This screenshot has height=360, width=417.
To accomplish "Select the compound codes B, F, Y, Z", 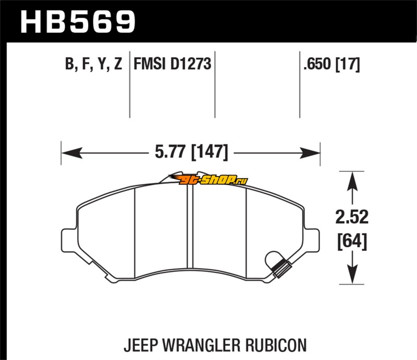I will (93, 65).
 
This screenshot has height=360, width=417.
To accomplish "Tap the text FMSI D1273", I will (173, 65).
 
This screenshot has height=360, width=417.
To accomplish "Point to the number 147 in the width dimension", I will (210, 153).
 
